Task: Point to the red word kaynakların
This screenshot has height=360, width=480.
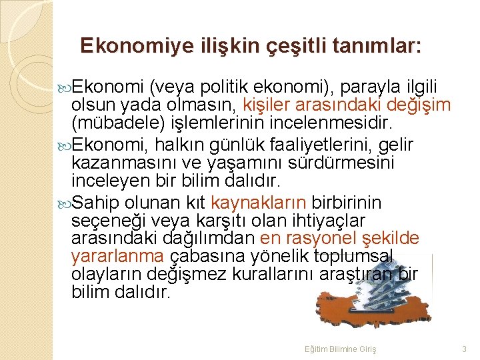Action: click(259, 202)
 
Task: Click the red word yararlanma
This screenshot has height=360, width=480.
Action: click(117, 256)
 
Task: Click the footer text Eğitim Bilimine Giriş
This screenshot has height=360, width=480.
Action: click(340, 349)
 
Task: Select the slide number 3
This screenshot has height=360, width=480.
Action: click(464, 349)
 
